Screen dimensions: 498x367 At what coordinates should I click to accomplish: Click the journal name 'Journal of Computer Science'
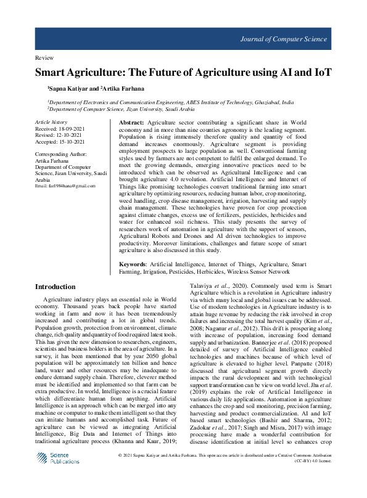point(283,39)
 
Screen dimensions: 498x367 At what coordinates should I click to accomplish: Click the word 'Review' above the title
point(45,57)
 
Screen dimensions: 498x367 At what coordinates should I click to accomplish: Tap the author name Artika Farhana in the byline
point(125,89)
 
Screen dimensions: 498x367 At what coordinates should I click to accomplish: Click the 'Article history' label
point(51,123)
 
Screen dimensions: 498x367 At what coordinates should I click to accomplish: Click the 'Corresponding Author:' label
point(61,154)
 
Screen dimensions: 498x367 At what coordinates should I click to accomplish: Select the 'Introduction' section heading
point(56,287)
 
